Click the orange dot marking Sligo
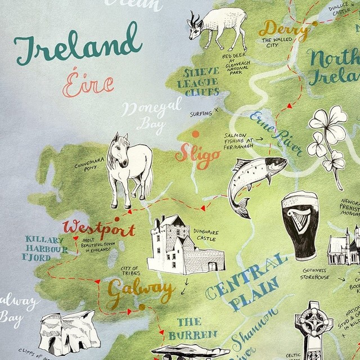coord(196,134)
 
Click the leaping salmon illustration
coord(253,180)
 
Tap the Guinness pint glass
coord(299,223)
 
